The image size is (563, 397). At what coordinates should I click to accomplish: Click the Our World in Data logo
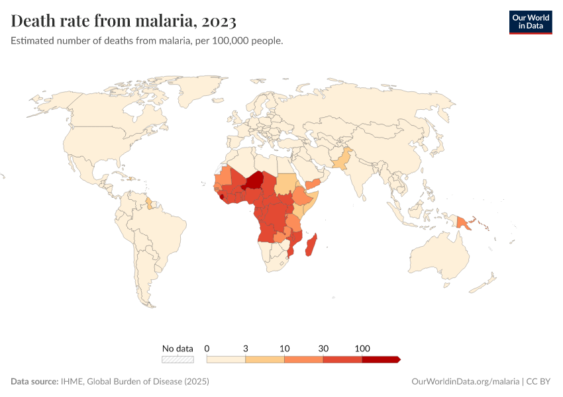pyautogui.click(x=530, y=22)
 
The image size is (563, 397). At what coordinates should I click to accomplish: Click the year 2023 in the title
pyautogui.click(x=215, y=22)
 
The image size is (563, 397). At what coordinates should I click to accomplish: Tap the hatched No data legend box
pyautogui.click(x=178, y=359)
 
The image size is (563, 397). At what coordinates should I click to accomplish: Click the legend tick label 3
pyautogui.click(x=246, y=348)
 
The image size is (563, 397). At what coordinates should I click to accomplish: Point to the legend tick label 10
pyautogui.click(x=284, y=348)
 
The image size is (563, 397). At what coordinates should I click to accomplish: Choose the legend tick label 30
pyautogui.click(x=323, y=348)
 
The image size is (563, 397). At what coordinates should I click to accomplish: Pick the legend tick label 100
pyautogui.click(x=362, y=348)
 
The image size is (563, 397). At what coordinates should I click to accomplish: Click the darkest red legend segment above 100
pyautogui.click(x=381, y=359)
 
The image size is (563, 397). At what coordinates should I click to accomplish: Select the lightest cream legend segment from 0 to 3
pyautogui.click(x=226, y=359)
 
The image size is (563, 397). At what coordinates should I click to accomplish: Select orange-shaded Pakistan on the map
pyautogui.click(x=342, y=160)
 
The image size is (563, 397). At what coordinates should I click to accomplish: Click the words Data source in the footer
pyautogui.click(x=34, y=382)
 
